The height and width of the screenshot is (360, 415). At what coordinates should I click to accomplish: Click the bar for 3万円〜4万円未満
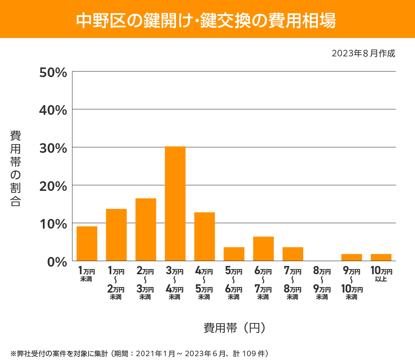(175, 204)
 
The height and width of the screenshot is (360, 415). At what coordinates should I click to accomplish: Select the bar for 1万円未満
(87, 243)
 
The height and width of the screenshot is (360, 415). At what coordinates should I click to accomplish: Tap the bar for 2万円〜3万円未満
(146, 230)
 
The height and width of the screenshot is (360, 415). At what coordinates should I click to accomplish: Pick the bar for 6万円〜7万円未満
(263, 249)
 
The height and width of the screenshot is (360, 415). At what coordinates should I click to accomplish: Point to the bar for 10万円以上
(381, 257)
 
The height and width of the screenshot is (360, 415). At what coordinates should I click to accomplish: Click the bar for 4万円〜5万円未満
(204, 237)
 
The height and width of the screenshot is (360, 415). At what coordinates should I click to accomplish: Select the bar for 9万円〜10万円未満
(351, 257)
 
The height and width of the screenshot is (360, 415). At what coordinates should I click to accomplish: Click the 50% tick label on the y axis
(53, 73)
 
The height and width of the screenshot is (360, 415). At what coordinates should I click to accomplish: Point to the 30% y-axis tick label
(53, 148)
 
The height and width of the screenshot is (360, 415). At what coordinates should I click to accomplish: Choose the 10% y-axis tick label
(53, 224)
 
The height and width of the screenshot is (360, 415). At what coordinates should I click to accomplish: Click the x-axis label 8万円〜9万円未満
(322, 284)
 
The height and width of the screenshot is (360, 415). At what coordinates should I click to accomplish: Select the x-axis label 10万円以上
(381, 274)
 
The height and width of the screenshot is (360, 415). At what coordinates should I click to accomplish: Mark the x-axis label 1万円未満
(86, 274)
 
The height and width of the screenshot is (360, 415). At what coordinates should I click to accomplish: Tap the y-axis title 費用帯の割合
(16, 168)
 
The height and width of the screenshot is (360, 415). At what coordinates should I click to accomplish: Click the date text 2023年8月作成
(363, 54)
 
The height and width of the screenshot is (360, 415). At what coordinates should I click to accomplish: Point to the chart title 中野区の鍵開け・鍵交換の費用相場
(206, 20)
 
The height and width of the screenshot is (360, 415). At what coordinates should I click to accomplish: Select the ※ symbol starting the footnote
(13, 353)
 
